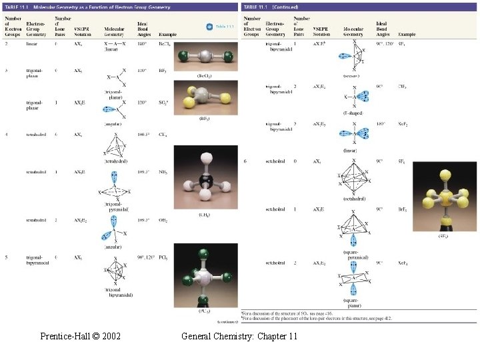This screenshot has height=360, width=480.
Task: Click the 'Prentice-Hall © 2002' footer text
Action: (80, 337)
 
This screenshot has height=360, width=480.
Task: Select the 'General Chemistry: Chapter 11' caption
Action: (239, 337)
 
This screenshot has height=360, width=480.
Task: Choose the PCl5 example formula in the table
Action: (165, 257)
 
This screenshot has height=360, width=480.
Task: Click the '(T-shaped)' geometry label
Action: (355, 113)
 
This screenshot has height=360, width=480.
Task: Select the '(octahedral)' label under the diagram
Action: (355, 199)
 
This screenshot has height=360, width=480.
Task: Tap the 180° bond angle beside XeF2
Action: (379, 124)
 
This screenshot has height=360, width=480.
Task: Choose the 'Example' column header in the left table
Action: (169, 33)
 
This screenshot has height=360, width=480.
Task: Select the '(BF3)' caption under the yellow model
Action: (205, 119)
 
